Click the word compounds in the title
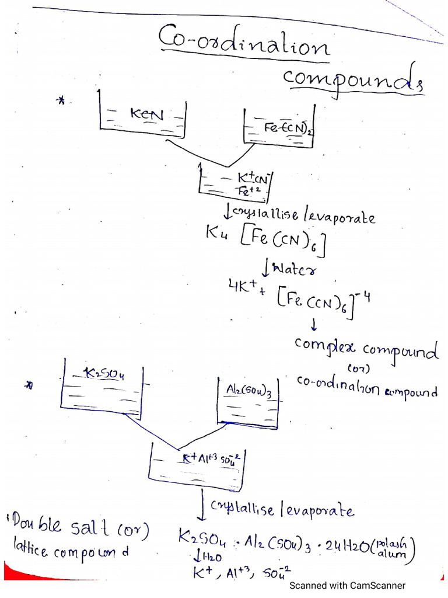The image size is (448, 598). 353,80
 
